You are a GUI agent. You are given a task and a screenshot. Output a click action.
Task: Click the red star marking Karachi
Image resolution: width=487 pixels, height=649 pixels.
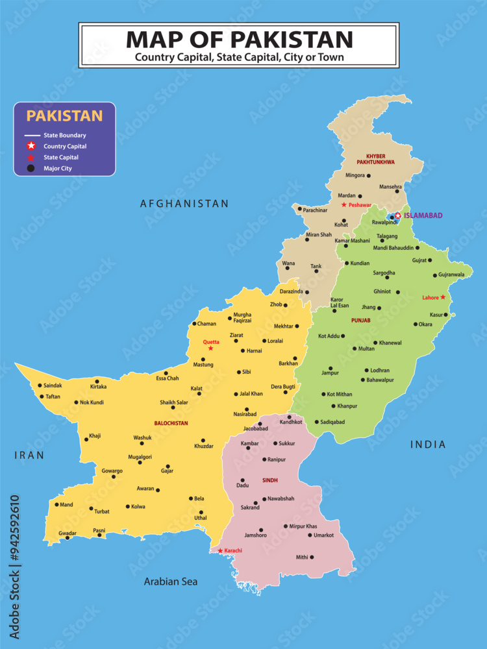pyautogui.click(x=220, y=551)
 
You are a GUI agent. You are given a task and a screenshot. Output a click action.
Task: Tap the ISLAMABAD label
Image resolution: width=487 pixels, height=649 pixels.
pyautogui.click(x=424, y=215)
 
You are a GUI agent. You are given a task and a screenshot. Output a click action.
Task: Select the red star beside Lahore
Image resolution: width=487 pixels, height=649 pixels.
pyautogui.click(x=443, y=297)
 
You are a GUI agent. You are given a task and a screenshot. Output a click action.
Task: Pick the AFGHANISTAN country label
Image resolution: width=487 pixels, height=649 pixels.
pyautogui.click(x=184, y=204)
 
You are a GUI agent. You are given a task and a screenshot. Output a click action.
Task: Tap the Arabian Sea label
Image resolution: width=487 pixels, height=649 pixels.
pyautogui.click(x=171, y=582)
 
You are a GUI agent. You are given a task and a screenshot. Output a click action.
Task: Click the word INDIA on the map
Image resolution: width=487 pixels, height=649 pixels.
pyautogui.click(x=429, y=445)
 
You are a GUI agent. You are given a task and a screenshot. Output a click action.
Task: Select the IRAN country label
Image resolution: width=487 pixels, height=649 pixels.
pyautogui.click(x=29, y=456)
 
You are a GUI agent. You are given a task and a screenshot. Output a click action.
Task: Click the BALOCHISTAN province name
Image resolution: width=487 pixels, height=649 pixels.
pyautogui.click(x=171, y=423)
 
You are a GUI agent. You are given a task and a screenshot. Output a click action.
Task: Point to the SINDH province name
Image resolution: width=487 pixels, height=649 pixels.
pyautogui.click(x=270, y=480)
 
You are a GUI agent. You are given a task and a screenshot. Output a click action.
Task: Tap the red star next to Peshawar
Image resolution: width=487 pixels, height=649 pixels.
pyautogui.click(x=344, y=204)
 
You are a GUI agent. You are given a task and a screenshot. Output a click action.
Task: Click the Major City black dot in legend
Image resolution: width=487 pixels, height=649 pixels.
pyautogui.click(x=31, y=169)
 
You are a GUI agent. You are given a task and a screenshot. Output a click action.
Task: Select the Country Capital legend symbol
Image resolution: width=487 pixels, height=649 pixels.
pyautogui.click(x=31, y=146)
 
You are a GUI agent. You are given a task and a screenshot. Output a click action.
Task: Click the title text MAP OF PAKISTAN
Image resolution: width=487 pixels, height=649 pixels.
pyautogui.click(x=239, y=39)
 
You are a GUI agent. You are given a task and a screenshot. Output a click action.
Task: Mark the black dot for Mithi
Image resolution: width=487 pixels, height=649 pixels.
pyautogui.click(x=312, y=557)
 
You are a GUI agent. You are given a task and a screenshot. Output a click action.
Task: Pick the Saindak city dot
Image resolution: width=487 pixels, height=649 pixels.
pyautogui.click(x=40, y=386)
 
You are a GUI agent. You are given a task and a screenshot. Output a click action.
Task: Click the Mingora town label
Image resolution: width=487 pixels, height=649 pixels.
pyautogui.click(x=355, y=175)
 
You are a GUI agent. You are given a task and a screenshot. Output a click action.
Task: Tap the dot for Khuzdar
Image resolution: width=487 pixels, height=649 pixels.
pyautogui.click(x=203, y=440)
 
